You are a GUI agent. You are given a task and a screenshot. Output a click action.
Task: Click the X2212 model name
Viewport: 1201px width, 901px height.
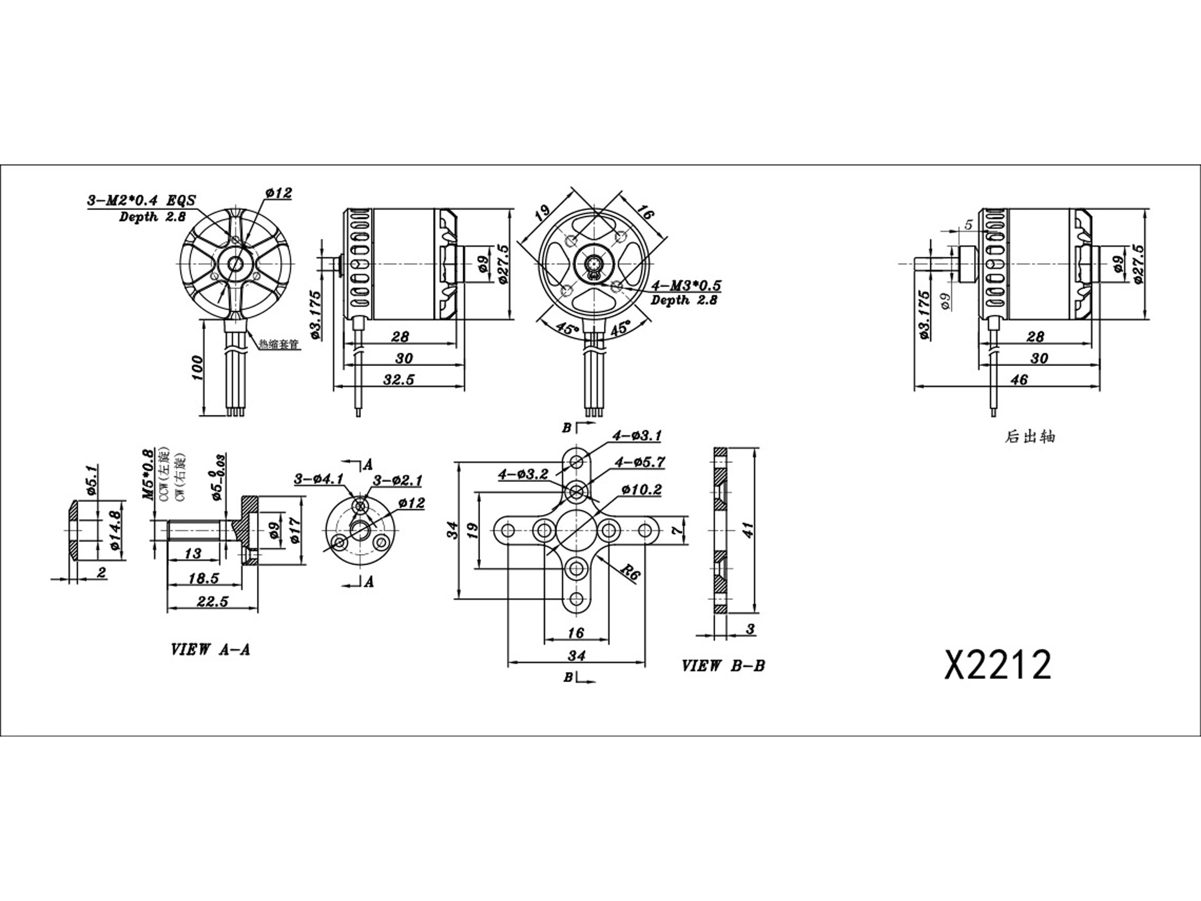[x=998, y=665]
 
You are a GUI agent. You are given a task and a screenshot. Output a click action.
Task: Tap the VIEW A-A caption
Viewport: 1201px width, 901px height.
[x=211, y=650]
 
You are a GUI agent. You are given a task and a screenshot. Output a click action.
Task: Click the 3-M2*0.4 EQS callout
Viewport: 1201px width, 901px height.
[x=141, y=200]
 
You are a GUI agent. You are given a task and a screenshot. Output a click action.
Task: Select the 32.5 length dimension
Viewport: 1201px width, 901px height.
[x=398, y=379]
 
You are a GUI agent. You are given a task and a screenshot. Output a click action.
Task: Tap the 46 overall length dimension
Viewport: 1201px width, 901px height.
[x=1019, y=379]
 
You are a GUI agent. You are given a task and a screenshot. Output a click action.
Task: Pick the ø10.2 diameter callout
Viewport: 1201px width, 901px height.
[x=642, y=490]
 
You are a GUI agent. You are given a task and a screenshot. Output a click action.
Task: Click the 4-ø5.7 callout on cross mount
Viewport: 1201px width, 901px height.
[x=640, y=463]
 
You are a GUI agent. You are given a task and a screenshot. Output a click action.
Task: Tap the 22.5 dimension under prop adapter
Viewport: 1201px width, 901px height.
[x=212, y=601]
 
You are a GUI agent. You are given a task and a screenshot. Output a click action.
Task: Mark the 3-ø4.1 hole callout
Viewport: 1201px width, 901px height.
[x=319, y=479]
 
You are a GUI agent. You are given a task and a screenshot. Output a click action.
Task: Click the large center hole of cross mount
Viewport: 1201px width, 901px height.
[x=576, y=530]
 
